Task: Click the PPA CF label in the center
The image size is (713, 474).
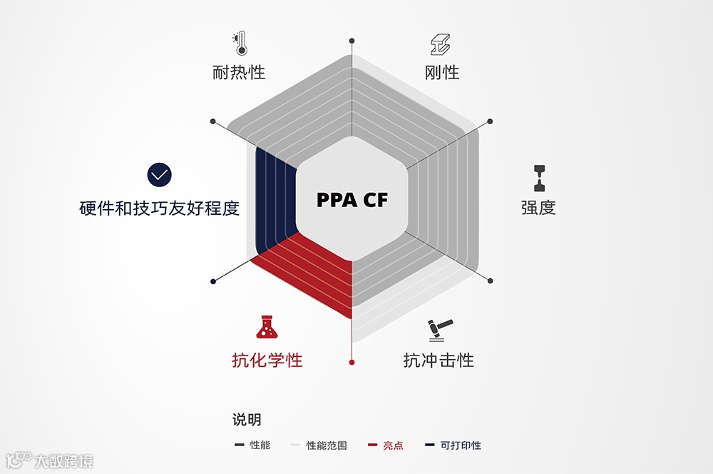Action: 352,200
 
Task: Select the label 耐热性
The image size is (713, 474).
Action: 238,72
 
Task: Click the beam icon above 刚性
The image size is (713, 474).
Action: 441,44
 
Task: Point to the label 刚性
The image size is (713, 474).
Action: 441,72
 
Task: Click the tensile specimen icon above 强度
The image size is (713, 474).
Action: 538,178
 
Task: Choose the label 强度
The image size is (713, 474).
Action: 538,208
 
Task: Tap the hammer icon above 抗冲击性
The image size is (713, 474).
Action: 437,330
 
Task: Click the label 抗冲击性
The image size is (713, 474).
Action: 438,360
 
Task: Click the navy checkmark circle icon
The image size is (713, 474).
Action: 160,174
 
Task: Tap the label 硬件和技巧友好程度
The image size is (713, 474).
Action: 159,208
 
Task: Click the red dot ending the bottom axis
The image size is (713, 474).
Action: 352,363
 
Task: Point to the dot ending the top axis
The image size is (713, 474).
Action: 352,40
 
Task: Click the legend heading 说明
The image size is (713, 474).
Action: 247,420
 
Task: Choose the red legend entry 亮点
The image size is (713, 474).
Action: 393,445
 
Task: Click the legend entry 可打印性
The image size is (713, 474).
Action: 461,445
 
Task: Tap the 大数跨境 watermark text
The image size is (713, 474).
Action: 64,460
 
